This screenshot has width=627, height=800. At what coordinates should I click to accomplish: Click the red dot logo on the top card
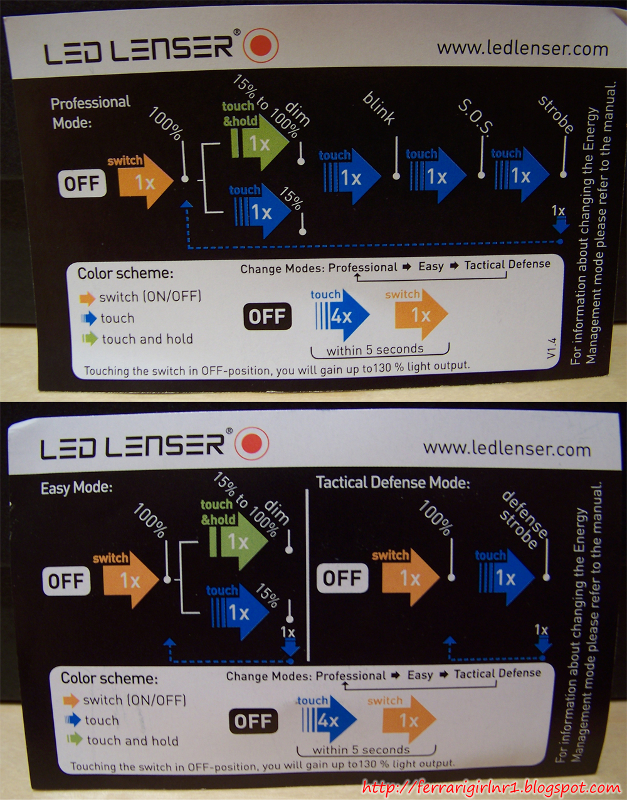pyautogui.click(x=261, y=45)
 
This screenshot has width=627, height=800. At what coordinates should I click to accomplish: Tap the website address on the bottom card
pyautogui.click(x=507, y=449)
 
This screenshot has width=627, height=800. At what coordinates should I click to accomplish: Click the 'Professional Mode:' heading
pyautogui.click(x=90, y=113)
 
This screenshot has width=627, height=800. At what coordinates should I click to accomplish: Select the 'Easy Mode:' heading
pyautogui.click(x=76, y=488)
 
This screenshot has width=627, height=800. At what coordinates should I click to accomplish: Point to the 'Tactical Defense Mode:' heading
pyautogui.click(x=393, y=483)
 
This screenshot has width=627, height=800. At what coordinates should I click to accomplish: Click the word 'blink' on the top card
pyautogui.click(x=379, y=108)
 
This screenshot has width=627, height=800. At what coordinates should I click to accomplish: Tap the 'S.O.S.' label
pyautogui.click(x=475, y=117)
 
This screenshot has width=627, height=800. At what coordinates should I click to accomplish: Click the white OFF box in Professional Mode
pyautogui.click(x=82, y=183)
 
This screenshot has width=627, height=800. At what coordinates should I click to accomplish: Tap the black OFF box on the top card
pyautogui.click(x=267, y=316)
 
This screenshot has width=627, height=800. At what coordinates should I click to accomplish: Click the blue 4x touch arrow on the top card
pyautogui.click(x=342, y=315)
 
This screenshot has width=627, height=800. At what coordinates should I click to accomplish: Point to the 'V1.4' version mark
pyautogui.click(x=551, y=347)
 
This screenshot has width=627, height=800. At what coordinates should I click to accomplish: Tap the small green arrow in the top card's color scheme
pyautogui.click(x=90, y=339)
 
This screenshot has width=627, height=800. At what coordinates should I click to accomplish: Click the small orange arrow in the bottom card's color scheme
pyautogui.click(x=71, y=700)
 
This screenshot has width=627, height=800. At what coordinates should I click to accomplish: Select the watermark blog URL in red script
pyautogui.click(x=491, y=786)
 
